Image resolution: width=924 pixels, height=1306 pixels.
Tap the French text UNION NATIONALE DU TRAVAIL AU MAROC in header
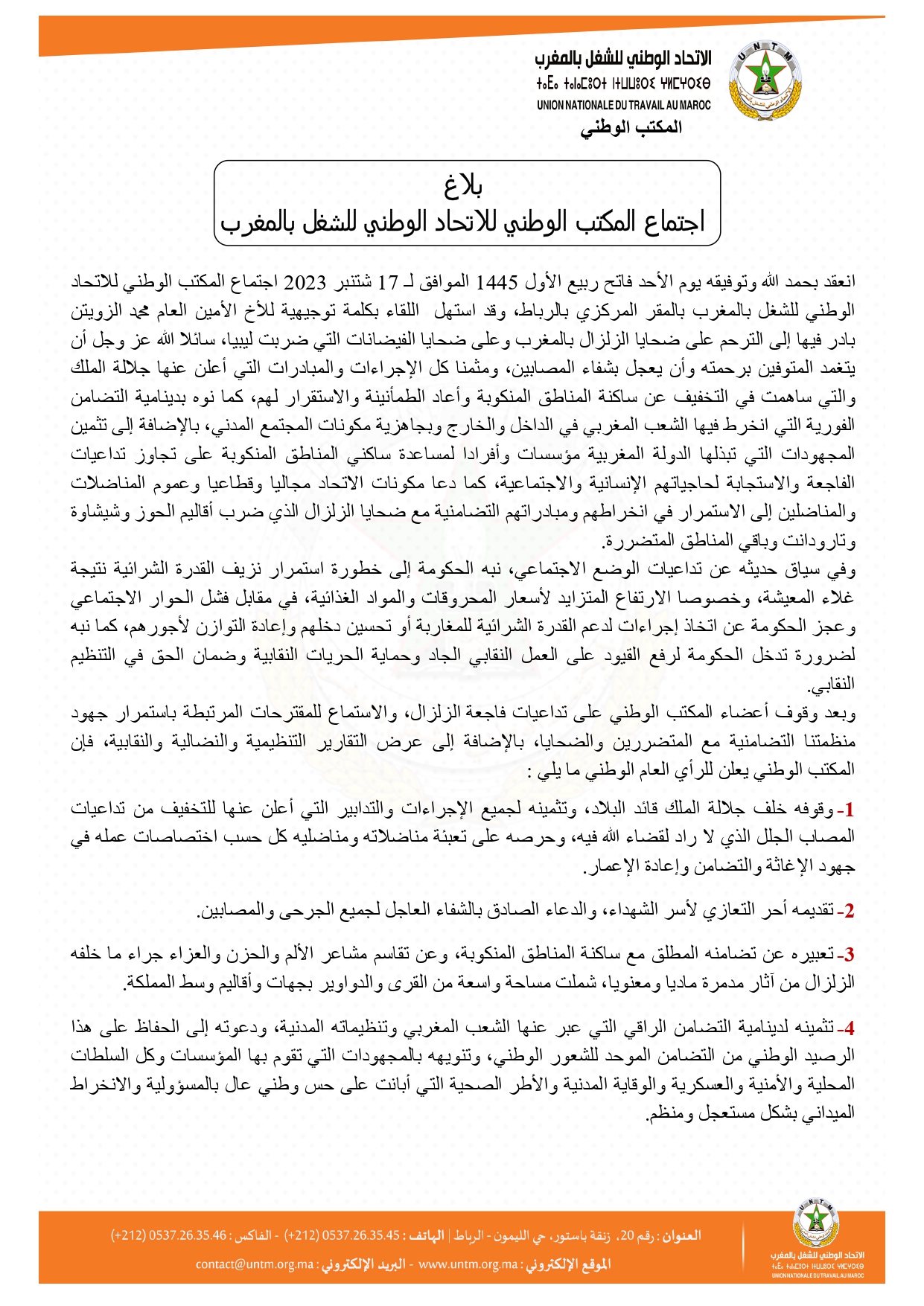pyautogui.click(x=623, y=106)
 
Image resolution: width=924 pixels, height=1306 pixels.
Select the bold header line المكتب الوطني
pyautogui.click(x=631, y=127)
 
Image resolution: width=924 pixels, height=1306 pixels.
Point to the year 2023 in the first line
pyautogui.click(x=306, y=282)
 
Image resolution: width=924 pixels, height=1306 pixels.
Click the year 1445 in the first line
pyautogui.click(x=497, y=282)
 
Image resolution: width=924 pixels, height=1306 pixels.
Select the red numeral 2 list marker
pyautogui.click(x=847, y=911)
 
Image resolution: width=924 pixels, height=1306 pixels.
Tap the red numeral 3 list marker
pyautogui.click(x=847, y=955)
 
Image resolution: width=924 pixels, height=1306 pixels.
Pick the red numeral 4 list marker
pyautogui.click(x=847, y=1029)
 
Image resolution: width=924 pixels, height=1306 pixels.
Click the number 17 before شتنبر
pyautogui.click(x=388, y=282)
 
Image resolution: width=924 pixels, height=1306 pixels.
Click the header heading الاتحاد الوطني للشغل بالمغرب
pyautogui.click(x=623, y=58)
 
